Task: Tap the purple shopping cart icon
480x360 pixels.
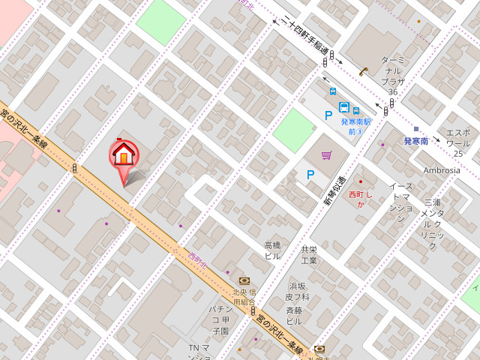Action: (326, 155)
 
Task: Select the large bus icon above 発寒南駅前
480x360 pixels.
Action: (344, 107)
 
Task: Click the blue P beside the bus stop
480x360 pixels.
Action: (328, 115)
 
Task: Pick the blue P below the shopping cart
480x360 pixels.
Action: (310, 175)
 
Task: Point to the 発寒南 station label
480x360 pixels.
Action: (415, 141)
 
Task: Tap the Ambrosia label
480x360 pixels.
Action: (442, 170)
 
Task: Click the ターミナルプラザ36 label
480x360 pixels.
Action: (393, 75)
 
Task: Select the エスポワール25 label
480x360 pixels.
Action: (457, 142)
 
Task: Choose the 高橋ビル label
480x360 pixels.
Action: (272, 250)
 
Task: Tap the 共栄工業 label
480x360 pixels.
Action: (309, 255)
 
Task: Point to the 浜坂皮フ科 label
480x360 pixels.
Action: (298, 291)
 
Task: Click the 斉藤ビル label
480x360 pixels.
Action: (294, 315)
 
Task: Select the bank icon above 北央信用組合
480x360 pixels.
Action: (244, 280)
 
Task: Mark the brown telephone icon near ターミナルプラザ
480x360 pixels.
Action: (364, 71)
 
